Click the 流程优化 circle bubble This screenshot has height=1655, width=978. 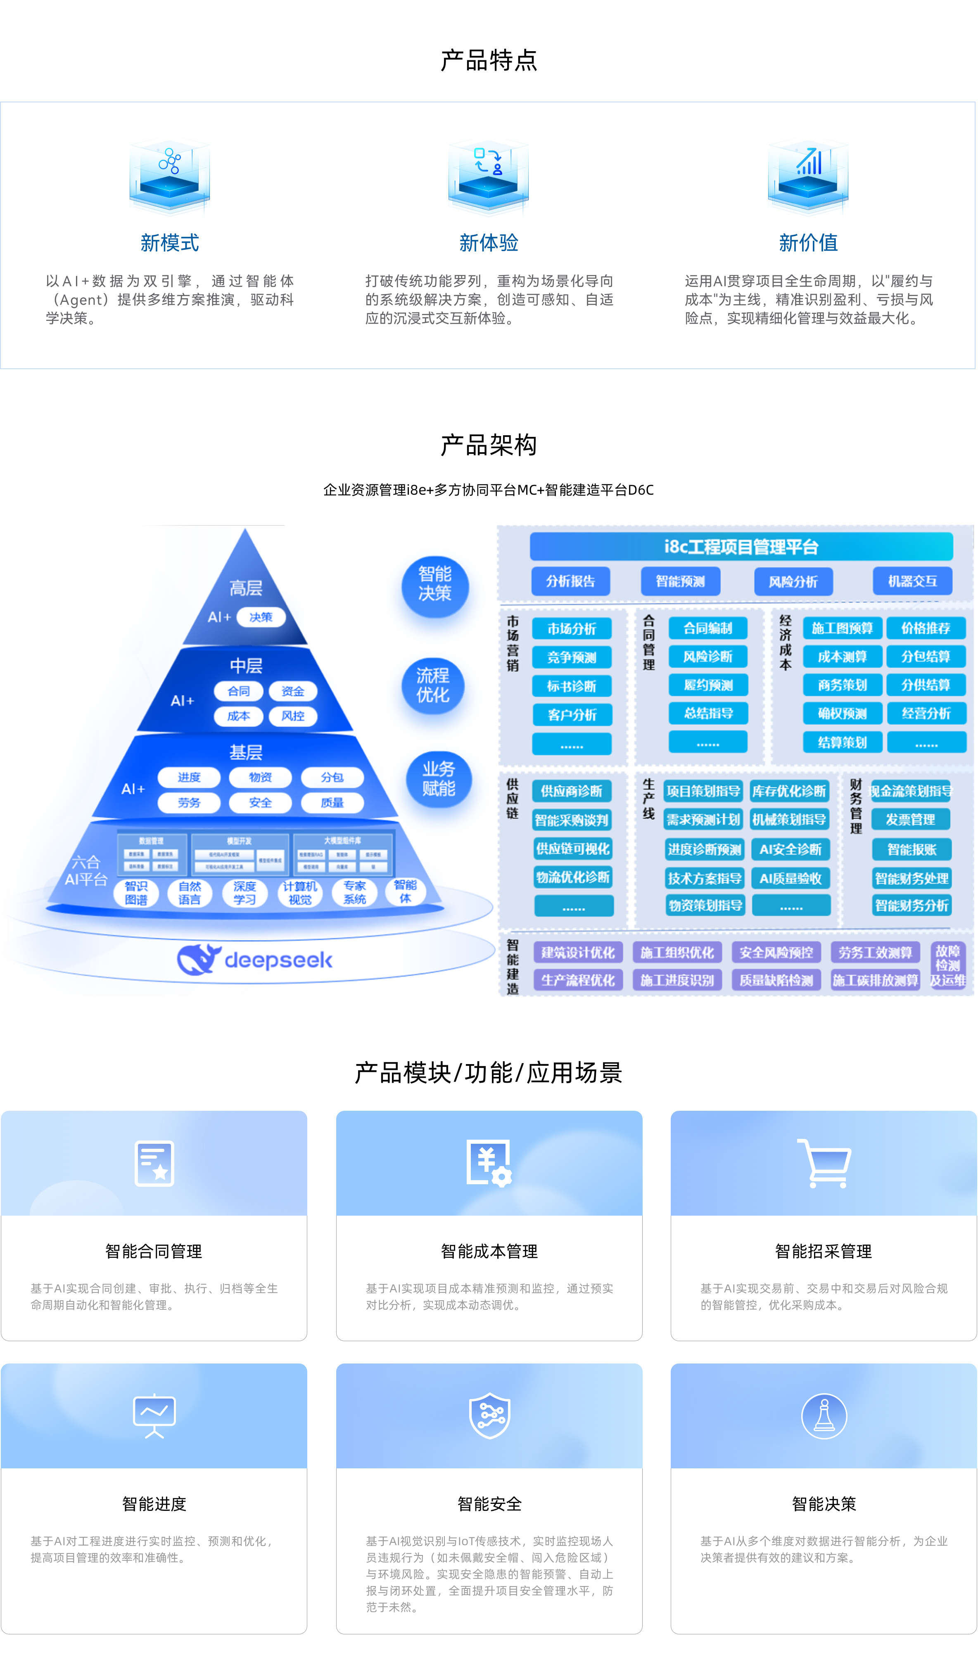click(433, 685)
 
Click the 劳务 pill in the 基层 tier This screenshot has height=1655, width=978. click(189, 802)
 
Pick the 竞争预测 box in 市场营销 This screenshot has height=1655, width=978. click(571, 657)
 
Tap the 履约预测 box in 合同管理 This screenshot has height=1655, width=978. click(708, 685)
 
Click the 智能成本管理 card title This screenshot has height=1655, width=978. click(489, 1251)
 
